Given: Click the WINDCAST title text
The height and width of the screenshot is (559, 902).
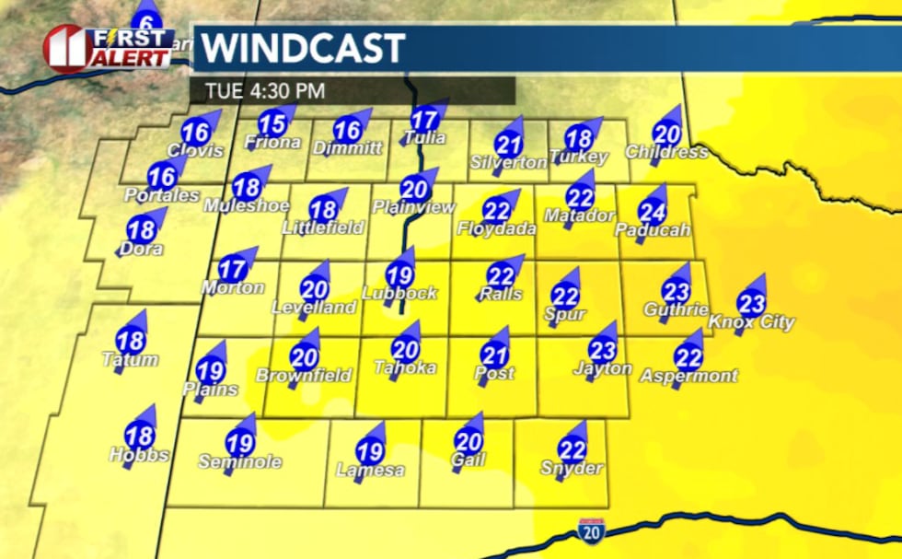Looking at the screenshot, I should coord(304,48).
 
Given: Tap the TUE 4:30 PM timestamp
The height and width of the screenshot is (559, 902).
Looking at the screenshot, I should coord(258,91).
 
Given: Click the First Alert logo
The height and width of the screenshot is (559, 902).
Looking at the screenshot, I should coord(109,48).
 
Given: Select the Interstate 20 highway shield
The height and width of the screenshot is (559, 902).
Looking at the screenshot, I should coord(591,530).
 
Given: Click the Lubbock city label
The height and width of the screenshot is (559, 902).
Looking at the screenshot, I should coord(399,294).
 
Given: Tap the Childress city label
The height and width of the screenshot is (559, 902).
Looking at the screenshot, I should coord(666,152).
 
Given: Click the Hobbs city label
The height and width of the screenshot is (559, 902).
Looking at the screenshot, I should coord(139,455).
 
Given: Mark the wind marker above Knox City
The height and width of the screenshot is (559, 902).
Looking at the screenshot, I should coord(751,301).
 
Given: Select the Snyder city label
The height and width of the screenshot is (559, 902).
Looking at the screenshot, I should coord(572,469).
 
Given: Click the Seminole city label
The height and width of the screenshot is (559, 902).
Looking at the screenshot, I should coord(240,462).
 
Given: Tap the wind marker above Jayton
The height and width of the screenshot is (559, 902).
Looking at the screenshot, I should coord(602,349).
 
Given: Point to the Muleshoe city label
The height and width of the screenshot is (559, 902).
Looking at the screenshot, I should coord(248,205).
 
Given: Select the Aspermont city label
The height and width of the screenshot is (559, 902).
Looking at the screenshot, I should coord(689,376).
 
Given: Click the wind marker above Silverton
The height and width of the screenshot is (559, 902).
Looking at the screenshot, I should coord(508,143).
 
